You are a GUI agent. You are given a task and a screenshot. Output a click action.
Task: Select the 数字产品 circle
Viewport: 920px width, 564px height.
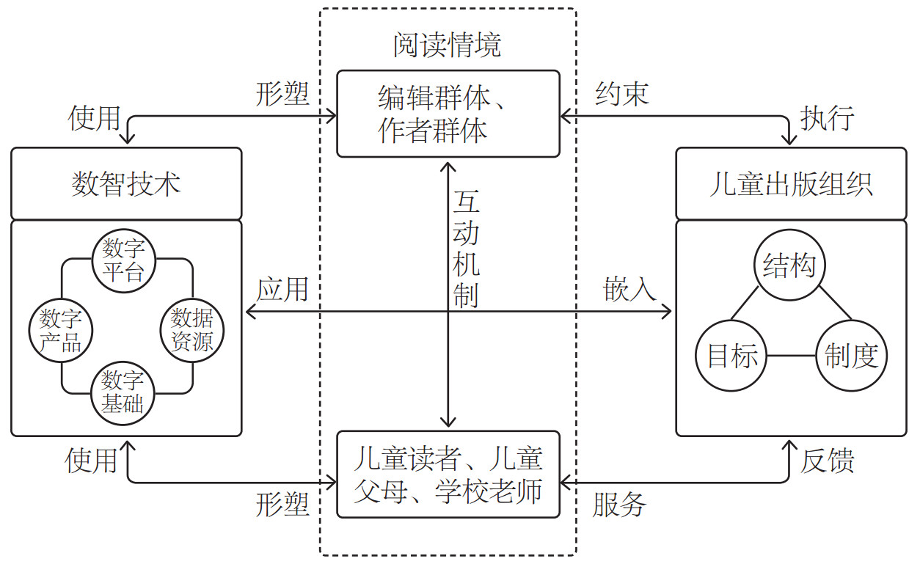click(60, 331)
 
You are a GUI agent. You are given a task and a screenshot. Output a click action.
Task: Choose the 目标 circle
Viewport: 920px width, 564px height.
click(731, 356)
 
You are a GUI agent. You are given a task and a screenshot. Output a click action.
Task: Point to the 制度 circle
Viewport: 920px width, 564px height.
click(851, 356)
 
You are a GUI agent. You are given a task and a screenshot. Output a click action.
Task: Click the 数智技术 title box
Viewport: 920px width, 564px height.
click(126, 183)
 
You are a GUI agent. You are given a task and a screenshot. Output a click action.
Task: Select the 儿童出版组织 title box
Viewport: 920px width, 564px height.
click(790, 183)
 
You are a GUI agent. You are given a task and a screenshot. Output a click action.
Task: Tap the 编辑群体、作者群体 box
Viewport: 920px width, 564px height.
click(448, 114)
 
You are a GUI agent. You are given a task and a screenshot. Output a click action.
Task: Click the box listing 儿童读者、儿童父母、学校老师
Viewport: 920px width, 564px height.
click(448, 474)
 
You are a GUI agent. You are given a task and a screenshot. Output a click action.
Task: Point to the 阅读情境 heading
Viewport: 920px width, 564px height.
click(448, 45)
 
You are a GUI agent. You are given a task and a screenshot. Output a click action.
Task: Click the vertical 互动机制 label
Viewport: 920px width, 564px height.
click(466, 249)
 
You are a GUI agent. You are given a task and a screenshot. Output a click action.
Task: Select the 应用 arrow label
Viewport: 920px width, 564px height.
click(282, 290)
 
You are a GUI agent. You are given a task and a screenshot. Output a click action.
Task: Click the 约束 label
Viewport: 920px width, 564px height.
click(621, 95)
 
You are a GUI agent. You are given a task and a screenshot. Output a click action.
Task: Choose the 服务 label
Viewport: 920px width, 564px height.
click(620, 505)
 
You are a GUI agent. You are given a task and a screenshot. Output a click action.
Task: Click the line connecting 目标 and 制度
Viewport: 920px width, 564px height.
click(792, 357)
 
